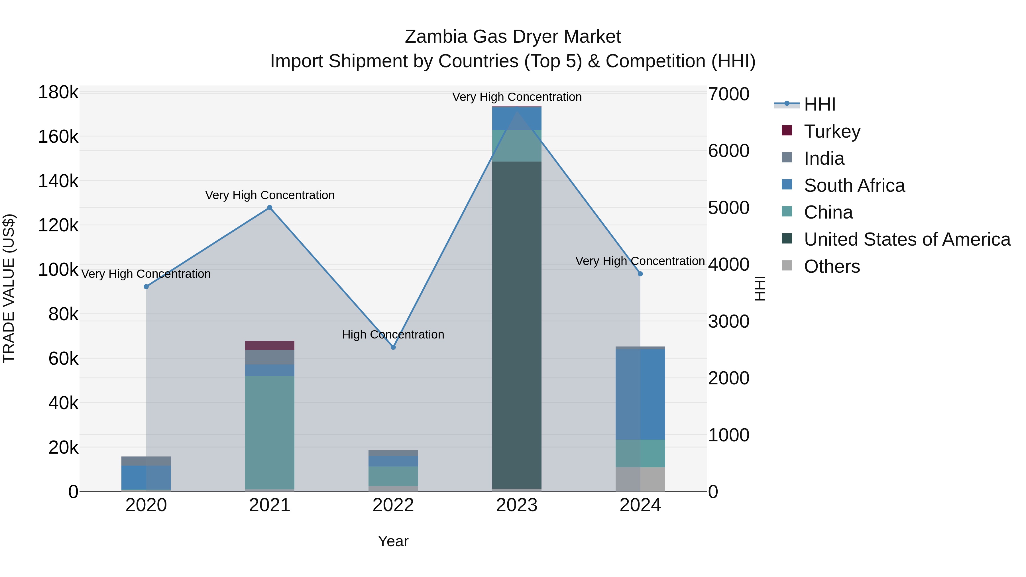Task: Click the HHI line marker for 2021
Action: (270, 207)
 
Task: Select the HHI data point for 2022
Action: (393, 347)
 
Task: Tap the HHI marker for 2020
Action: (146, 287)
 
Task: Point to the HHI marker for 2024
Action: (640, 274)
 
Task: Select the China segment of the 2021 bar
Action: (270, 432)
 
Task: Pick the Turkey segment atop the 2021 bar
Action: (270, 345)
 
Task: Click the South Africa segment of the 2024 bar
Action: (640, 394)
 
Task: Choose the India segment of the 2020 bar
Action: (146, 461)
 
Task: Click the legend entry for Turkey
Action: (832, 131)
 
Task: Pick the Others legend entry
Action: (832, 266)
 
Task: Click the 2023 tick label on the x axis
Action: (517, 505)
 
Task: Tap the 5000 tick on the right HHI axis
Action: (728, 208)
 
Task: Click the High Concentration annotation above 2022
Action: (393, 335)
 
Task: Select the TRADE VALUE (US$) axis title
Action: (9, 288)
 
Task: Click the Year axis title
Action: (393, 541)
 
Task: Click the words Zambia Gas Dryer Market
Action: (513, 37)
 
